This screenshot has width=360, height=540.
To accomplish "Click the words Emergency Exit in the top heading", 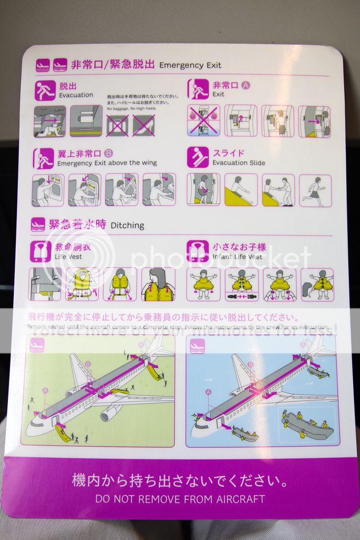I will click(190, 65).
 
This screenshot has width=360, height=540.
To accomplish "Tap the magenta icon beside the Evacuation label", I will click(45, 90).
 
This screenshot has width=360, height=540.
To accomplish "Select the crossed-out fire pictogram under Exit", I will click(203, 121).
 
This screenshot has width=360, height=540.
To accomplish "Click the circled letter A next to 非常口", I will click(246, 84).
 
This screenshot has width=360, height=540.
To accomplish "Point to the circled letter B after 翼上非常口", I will click(109, 153).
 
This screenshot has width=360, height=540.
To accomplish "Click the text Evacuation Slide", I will click(239, 163).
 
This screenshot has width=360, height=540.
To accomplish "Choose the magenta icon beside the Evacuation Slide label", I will click(198, 157).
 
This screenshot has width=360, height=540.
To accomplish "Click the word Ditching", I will click(127, 225).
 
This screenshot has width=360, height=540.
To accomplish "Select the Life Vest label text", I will click(68, 257).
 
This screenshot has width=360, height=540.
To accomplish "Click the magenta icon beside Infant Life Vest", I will click(198, 251).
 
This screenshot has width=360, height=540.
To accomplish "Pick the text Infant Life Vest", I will click(237, 257).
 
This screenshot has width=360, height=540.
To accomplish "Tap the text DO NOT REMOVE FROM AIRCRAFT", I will click(180, 498).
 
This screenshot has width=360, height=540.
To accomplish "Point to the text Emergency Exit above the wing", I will click(107, 163).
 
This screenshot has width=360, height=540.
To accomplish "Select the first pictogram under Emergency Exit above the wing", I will click(48, 190).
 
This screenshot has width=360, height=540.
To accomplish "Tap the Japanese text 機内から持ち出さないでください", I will click(180, 481).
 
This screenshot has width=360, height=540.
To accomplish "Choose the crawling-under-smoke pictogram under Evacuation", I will click(50, 121).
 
